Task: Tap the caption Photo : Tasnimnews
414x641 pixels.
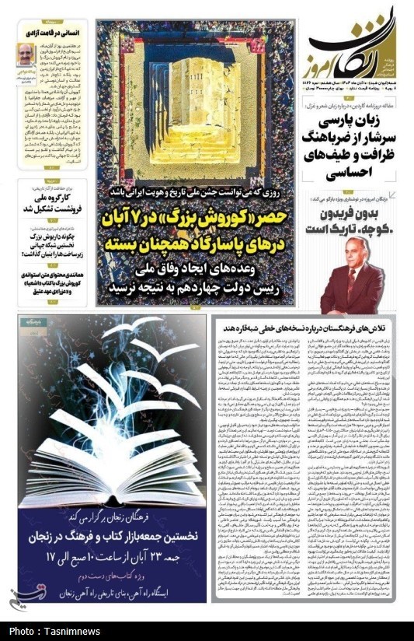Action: (49, 631)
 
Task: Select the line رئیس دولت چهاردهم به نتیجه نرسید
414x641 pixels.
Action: (197, 288)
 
